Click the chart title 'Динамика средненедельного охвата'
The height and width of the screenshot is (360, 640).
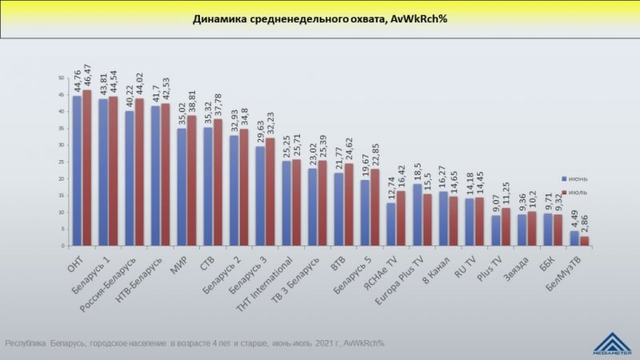(x=319, y=19)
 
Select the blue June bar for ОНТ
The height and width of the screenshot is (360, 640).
(x=78, y=170)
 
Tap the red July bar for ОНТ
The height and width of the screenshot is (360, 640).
(x=86, y=167)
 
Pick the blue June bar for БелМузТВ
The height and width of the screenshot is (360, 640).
(x=574, y=238)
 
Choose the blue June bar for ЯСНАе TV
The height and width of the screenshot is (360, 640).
(x=390, y=224)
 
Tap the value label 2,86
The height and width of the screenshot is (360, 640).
(x=585, y=222)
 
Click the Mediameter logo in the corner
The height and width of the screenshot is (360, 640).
(x=613, y=342)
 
